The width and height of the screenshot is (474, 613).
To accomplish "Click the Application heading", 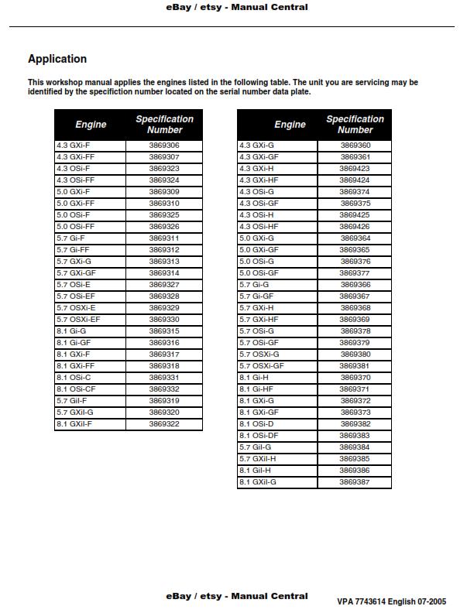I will click(57, 59).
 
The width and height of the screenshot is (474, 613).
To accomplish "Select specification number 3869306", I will click(164, 146).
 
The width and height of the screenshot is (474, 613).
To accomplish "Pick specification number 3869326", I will click(164, 227).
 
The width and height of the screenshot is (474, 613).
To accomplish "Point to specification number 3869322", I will click(164, 424).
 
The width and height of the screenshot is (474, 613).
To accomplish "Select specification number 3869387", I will click(355, 482).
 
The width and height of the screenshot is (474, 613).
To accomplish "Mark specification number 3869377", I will click(355, 273).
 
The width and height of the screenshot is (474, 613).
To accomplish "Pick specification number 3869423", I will click(355, 169).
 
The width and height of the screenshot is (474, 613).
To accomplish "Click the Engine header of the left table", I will click(91, 125).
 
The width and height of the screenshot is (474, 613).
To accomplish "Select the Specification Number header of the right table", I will click(355, 125).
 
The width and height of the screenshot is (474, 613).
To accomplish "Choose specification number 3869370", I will click(355, 378).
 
